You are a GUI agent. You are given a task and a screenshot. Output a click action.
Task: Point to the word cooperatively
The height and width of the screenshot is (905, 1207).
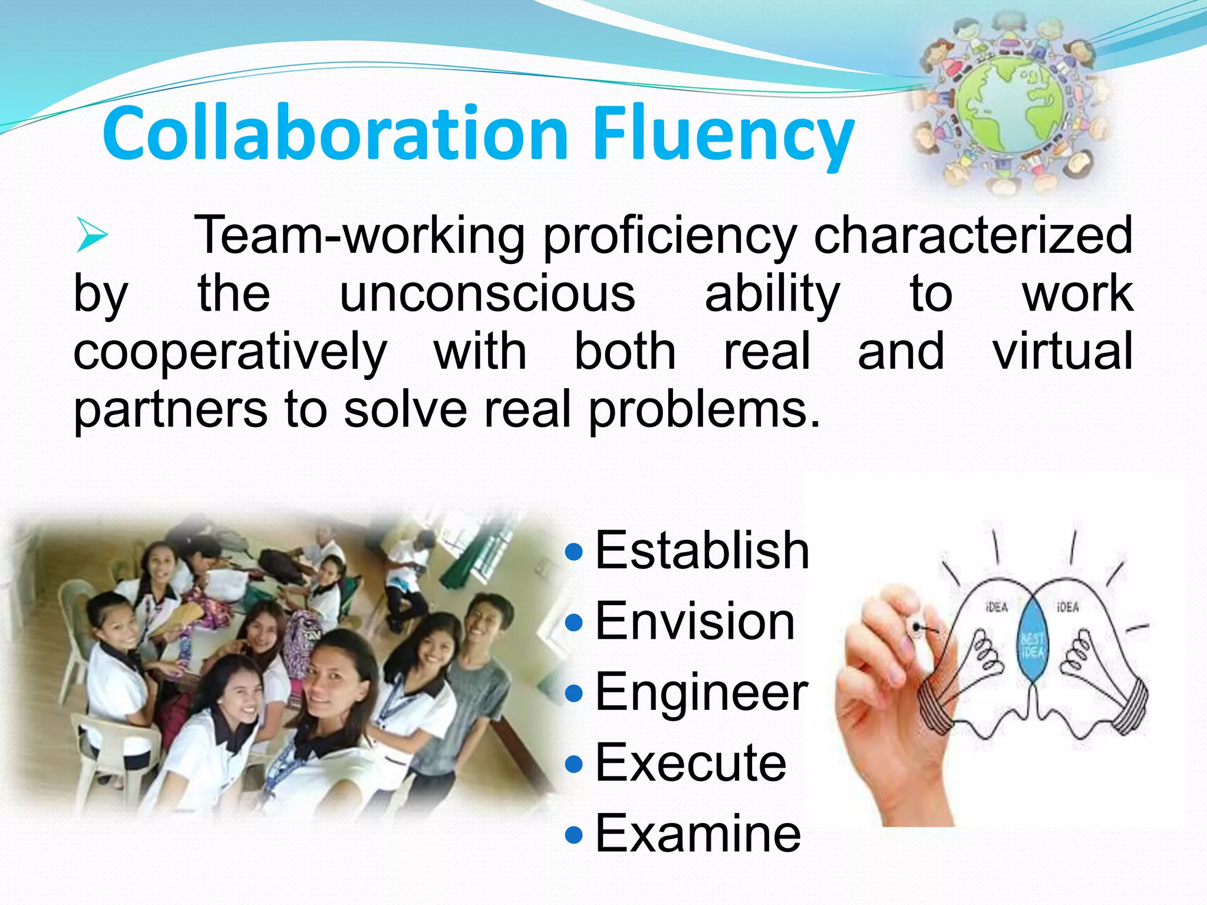pyautogui.click(x=230, y=352)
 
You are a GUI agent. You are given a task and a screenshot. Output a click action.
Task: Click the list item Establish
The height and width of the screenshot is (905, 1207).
pyautogui.click(x=702, y=550)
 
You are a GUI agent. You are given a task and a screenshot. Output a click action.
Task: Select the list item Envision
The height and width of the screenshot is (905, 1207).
pyautogui.click(x=695, y=621)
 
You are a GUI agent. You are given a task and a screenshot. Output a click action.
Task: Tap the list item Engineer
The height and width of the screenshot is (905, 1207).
pyautogui.click(x=701, y=692)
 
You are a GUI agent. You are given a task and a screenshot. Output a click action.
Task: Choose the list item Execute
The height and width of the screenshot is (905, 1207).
pyautogui.click(x=691, y=763)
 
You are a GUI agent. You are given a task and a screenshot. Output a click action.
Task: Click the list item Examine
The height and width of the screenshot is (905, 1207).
pyautogui.click(x=698, y=833)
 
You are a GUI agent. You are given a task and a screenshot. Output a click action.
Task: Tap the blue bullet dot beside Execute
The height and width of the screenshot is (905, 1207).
pyautogui.click(x=573, y=764)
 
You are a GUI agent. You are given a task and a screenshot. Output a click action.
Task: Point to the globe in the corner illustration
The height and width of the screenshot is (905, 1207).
pyautogui.click(x=1010, y=104)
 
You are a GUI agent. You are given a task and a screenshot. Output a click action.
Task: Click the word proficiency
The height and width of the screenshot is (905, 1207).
pyautogui.click(x=670, y=236)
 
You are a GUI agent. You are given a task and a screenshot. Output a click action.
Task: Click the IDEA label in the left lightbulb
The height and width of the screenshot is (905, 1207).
pyautogui.click(x=996, y=607)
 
